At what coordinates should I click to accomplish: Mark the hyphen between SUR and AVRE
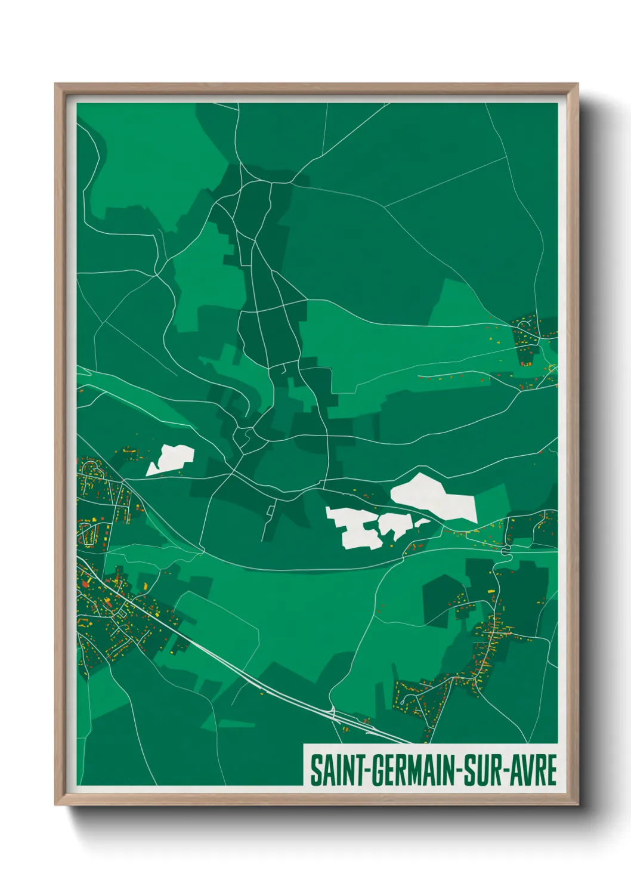click(506, 771)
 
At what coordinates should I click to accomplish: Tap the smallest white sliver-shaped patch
click(422, 522)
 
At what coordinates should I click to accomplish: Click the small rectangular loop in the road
click(270, 510)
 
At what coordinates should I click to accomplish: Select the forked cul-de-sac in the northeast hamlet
click(525, 325)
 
